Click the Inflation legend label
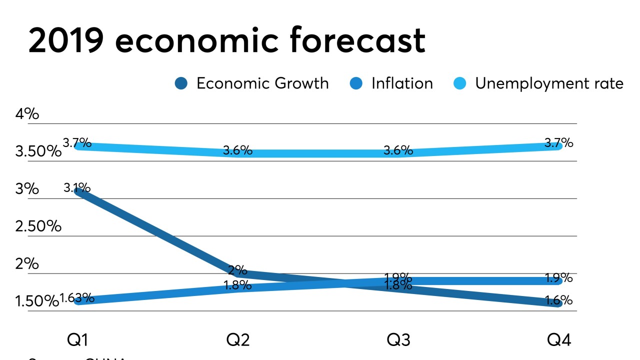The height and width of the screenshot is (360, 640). (402, 83)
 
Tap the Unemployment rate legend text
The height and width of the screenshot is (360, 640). (549, 83)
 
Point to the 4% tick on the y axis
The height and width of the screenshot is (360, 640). (27, 114)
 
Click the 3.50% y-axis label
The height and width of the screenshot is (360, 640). (38, 151)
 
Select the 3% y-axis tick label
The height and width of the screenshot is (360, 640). (27, 189)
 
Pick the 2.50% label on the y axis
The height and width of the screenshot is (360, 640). (38, 226)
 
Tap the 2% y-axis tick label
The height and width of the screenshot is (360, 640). (27, 263)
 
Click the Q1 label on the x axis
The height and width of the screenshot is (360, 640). (77, 340)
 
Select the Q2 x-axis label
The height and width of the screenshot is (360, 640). (238, 340)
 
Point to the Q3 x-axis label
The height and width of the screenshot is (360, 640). (398, 340)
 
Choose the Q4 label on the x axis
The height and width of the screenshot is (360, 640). (558, 340)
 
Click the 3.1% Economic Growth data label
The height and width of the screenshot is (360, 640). (77, 188)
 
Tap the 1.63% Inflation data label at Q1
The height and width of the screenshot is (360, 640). (77, 298)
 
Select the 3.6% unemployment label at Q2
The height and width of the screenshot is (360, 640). (237, 150)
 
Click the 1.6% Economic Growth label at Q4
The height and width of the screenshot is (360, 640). (558, 300)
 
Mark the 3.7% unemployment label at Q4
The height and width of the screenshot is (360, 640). (558, 143)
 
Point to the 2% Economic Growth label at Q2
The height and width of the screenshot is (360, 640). (237, 270)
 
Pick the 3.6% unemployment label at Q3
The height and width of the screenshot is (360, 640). (398, 150)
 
